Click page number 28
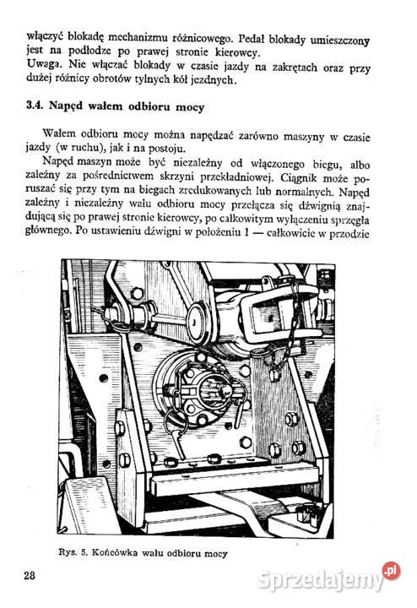click(30, 576)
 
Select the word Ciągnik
click(294, 178)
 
